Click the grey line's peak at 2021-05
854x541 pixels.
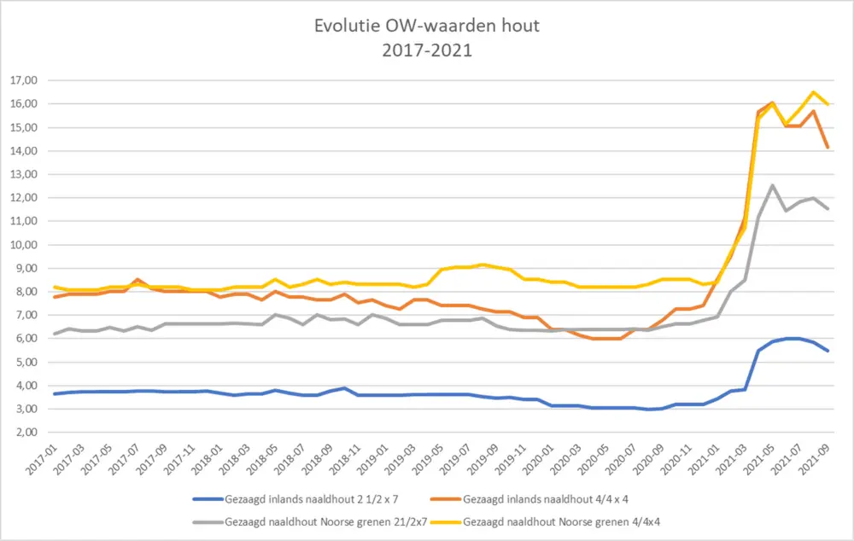click(x=772, y=185)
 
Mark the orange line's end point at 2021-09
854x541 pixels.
click(x=827, y=148)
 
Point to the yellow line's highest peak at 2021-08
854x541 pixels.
click(x=813, y=92)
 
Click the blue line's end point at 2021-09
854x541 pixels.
click(x=827, y=351)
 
